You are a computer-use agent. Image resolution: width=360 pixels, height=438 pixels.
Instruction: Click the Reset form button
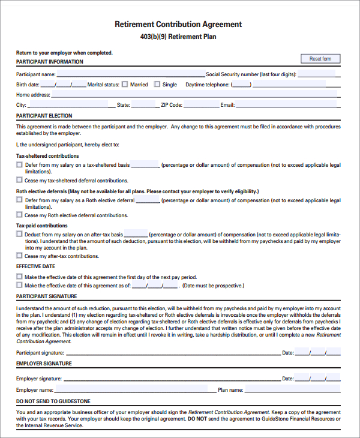coord(320,59)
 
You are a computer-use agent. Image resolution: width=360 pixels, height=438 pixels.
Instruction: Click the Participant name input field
coord(130,74)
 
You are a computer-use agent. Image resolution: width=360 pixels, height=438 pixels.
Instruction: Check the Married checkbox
coord(125,85)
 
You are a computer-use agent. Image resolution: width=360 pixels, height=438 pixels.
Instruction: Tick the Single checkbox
coord(157,85)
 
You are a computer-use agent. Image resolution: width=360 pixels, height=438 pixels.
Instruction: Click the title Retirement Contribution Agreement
coord(178,25)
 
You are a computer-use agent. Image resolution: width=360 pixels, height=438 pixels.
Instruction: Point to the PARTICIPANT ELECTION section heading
coord(44,116)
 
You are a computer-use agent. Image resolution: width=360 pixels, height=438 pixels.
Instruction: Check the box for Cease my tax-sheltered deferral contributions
coord(19,180)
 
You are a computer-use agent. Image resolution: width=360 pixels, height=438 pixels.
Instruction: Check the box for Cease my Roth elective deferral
coord(19,215)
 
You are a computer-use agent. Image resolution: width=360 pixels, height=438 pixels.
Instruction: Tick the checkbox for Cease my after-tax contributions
coord(19,256)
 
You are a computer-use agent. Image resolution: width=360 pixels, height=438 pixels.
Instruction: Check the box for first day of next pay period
coord(19,277)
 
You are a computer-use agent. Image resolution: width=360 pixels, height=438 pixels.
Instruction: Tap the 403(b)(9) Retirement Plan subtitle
coord(178,37)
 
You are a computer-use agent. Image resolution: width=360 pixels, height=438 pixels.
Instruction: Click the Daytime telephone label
coord(207,85)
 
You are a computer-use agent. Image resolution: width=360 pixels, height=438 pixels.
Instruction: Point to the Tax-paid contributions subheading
coord(41,226)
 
